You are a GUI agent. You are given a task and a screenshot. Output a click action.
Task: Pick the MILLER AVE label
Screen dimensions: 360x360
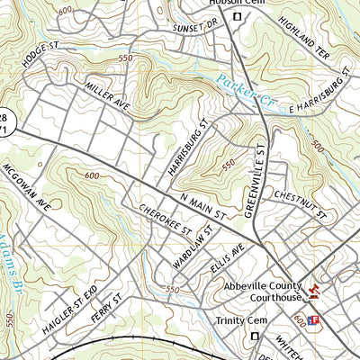[109, 93]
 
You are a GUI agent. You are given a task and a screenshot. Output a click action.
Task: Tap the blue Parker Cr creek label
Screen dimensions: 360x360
[244, 94]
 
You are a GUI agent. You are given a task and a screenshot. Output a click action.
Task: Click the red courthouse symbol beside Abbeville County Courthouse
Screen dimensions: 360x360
[314, 291]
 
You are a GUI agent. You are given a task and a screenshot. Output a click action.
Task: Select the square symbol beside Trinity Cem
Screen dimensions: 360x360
[256, 336]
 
